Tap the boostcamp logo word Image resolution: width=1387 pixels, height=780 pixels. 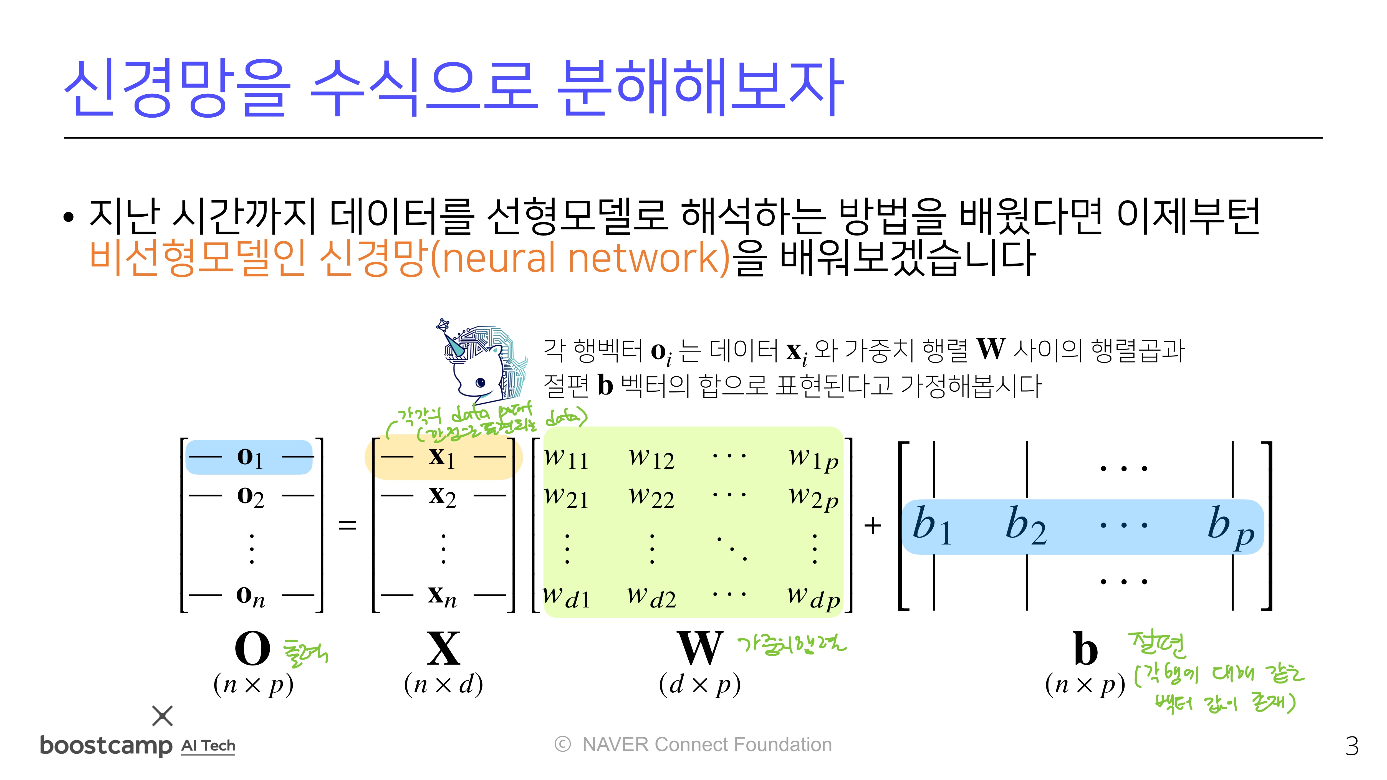[106, 746]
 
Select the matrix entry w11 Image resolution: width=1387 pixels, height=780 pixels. [566, 458]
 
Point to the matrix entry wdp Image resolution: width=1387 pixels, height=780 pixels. [813, 596]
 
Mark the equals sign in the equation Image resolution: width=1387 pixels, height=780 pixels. [347, 525]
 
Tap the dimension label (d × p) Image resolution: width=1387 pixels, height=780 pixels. [699, 685]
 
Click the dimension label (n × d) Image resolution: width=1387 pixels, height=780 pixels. [443, 685]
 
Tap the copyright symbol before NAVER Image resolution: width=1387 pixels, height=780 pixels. [562, 744]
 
